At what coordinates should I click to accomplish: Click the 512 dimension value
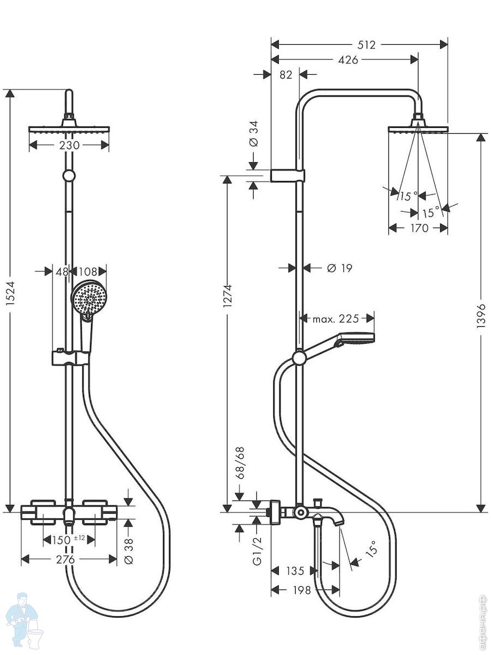[367, 45]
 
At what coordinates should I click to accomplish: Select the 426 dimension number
[348, 60]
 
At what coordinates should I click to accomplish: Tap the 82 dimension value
[286, 75]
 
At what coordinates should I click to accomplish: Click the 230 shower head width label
[69, 145]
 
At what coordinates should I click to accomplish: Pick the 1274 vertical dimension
[227, 296]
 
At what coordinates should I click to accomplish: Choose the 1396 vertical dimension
[481, 316]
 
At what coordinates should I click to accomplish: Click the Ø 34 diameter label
[254, 133]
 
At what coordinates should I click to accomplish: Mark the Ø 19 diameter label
[339, 268]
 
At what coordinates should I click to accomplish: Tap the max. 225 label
[336, 319]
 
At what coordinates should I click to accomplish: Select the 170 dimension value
[419, 228]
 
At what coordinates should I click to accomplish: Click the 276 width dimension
[65, 559]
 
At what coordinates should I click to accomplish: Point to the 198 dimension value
[302, 590]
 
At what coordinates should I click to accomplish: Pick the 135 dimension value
[295, 570]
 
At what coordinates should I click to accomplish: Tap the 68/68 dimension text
[240, 463]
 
